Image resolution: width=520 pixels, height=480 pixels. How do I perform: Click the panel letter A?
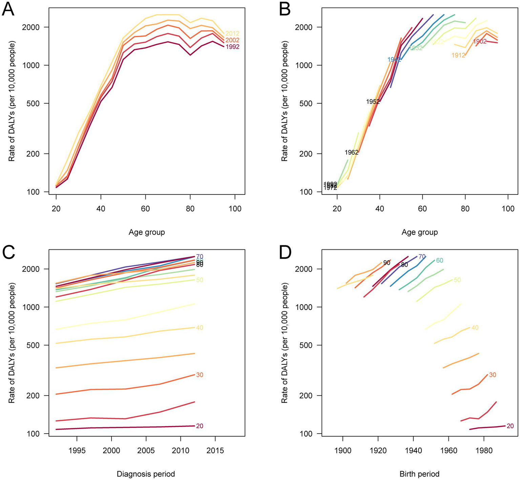click(8, 9)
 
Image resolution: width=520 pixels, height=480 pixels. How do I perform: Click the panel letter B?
click(285, 9)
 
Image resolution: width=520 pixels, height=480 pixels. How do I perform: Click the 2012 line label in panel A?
click(232, 34)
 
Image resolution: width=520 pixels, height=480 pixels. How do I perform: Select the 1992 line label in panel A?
click(232, 47)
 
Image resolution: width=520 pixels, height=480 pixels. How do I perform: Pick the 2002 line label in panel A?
click(232, 40)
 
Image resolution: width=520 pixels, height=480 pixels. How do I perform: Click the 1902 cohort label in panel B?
click(480, 41)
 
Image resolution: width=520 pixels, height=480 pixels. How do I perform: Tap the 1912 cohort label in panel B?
click(458, 55)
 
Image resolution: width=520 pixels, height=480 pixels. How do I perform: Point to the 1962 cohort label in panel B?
click(352, 152)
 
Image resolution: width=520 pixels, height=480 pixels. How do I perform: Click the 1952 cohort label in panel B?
click(373, 102)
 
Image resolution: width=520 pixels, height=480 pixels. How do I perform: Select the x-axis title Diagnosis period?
click(146, 474)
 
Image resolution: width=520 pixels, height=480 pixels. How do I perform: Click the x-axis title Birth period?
click(419, 474)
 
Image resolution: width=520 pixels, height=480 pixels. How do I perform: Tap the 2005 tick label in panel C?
click(146, 451)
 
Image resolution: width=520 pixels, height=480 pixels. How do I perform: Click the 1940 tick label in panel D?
click(413, 451)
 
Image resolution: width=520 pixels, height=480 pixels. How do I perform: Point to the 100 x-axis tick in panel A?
click(235, 209)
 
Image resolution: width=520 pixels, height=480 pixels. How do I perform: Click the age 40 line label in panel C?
click(200, 328)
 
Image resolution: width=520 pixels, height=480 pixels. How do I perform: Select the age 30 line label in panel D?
click(493, 375)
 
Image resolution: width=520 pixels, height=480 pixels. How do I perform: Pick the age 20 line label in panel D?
click(510, 426)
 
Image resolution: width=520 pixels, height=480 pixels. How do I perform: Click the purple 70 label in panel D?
click(422, 257)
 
